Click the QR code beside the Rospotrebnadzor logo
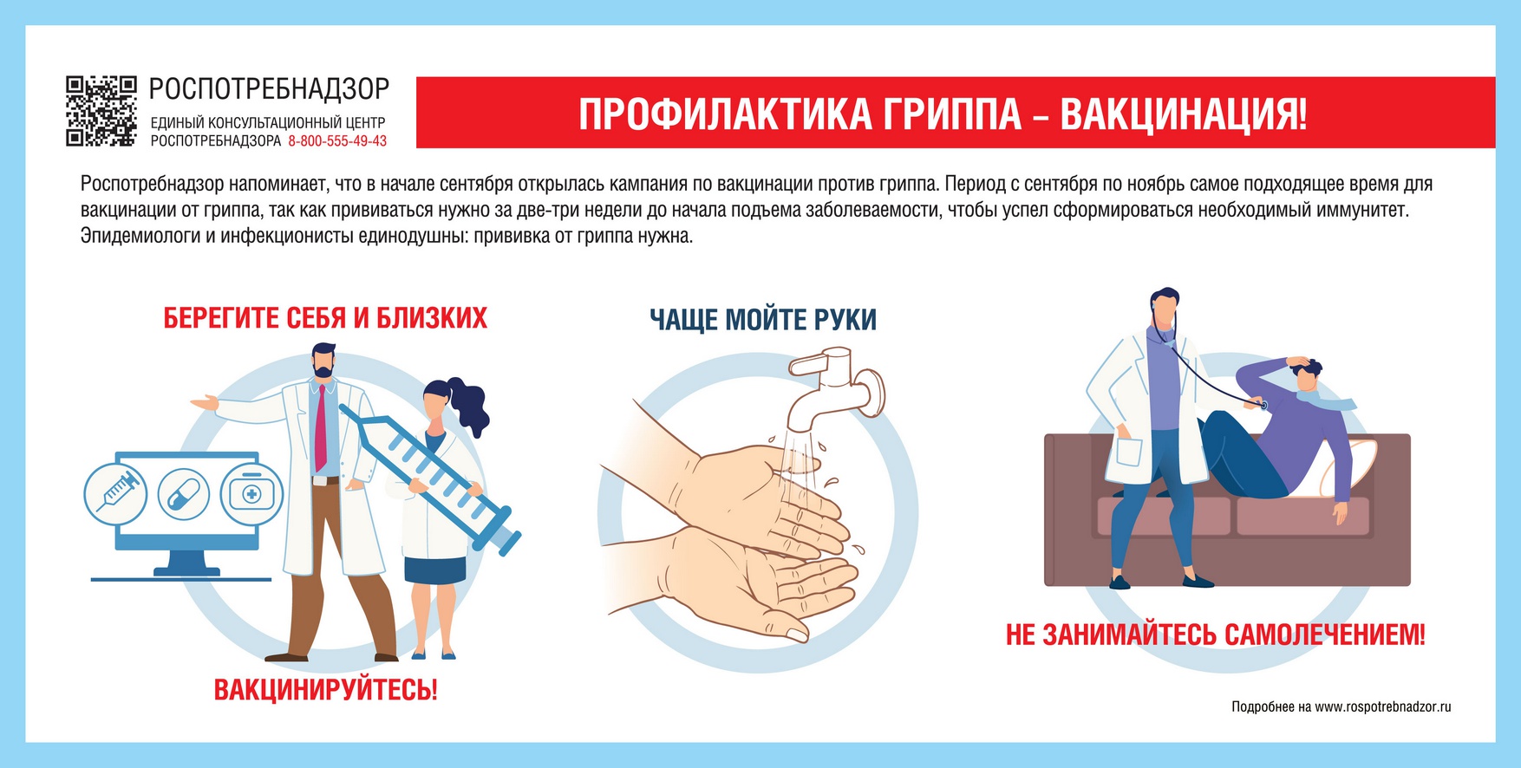coord(101,111)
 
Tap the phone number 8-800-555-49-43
coord(337,141)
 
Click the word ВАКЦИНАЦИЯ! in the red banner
coord(1183,114)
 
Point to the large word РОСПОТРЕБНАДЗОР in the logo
coord(269,89)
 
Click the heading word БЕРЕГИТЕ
coord(221,319)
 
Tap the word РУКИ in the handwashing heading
coord(845,320)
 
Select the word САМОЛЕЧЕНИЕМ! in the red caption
coord(1324,635)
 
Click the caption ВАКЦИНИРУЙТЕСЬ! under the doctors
coord(325,691)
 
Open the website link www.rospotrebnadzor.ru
coord(1382,707)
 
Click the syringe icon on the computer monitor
coord(115,493)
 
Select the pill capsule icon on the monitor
coord(184,494)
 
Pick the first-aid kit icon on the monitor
coord(251,494)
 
